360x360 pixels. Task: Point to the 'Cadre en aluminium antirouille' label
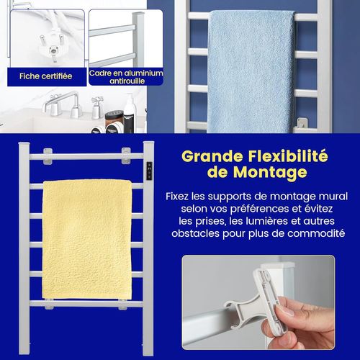pos(126,76)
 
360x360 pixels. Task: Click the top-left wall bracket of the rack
pos(48,153)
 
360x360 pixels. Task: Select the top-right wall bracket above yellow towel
pos(126,153)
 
